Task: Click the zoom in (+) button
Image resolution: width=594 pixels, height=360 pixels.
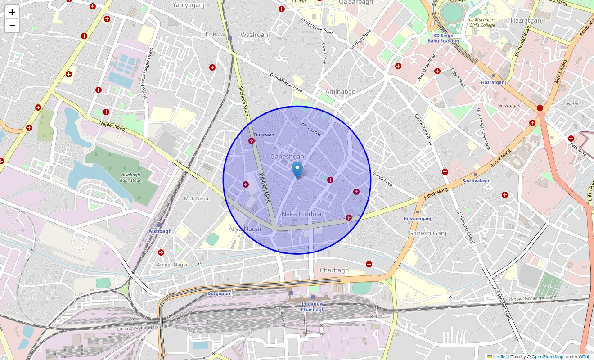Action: coord(12,12)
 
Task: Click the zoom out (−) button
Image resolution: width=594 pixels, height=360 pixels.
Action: coord(12,26)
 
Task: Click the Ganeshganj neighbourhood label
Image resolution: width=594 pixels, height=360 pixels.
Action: coord(288,157)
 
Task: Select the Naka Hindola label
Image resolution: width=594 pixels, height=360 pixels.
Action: coord(301,214)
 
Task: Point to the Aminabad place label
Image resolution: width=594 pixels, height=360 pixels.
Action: coord(340,91)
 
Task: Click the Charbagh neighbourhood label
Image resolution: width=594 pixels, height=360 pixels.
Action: coord(334,270)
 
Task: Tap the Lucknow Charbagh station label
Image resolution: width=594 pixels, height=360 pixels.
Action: coord(312,306)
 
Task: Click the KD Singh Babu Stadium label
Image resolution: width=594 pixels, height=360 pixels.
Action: coord(446,38)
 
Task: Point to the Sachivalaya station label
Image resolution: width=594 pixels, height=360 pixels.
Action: coord(476,180)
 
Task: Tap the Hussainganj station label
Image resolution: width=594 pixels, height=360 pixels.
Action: coord(417,219)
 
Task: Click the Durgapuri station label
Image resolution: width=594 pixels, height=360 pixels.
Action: coord(219,293)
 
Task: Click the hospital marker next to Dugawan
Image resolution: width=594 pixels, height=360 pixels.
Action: coord(252,141)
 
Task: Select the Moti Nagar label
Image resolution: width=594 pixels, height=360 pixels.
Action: coord(197,198)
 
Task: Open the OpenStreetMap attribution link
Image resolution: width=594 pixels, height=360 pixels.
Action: coord(547,356)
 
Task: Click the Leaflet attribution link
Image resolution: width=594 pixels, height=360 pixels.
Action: coord(499,356)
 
